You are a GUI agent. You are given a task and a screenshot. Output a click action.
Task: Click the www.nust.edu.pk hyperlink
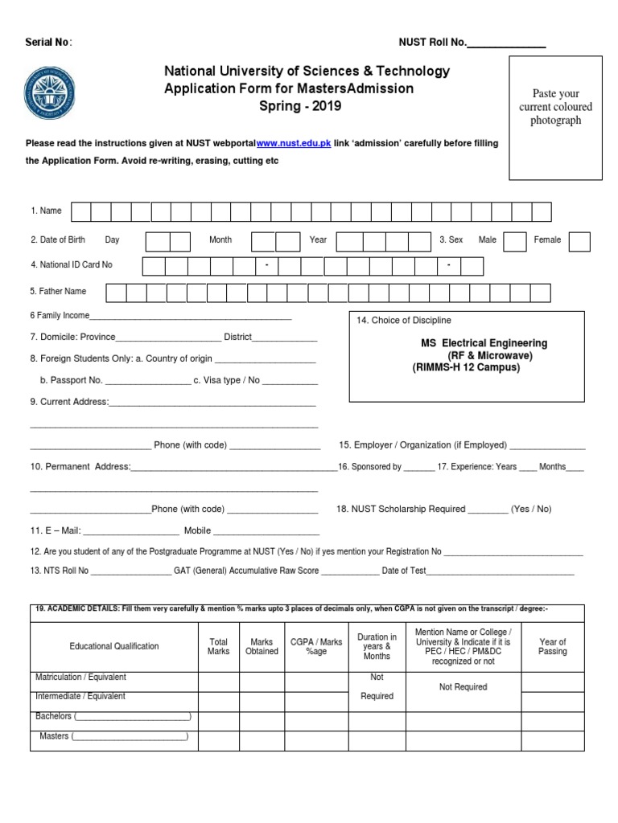point(294,143)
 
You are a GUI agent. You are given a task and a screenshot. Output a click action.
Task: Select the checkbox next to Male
point(515,241)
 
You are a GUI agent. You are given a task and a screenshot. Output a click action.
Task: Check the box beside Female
point(579,241)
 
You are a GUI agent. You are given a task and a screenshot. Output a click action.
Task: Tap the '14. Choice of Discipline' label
point(404,321)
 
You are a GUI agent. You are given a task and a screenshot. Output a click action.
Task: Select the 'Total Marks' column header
point(218,646)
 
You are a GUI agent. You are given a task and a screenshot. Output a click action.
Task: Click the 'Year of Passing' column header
point(552,646)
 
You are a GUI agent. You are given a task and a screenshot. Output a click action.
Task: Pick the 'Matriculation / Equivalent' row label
point(80,678)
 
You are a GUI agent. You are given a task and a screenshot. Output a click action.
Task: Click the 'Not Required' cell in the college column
point(463,687)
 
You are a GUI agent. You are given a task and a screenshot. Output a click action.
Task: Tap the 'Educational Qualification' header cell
point(114,646)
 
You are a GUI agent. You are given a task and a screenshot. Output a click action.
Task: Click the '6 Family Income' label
point(60,316)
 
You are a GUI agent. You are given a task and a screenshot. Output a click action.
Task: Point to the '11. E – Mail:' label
point(55,531)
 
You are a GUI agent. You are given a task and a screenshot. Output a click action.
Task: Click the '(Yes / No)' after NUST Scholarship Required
point(531,510)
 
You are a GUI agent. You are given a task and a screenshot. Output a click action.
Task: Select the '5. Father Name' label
point(58,292)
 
